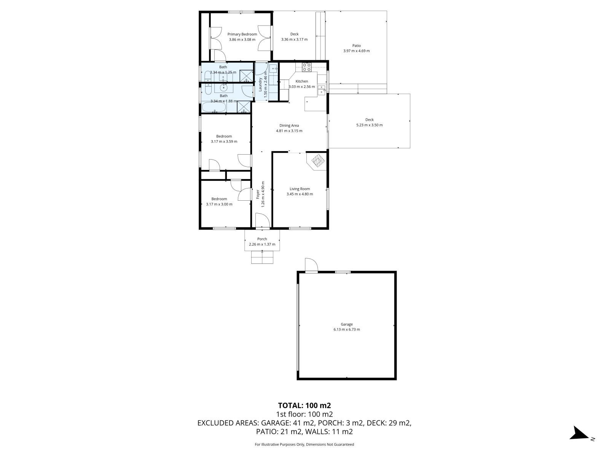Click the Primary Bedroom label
(x=242, y=34)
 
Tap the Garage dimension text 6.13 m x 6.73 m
(x=346, y=329)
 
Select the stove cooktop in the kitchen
(x=307, y=67)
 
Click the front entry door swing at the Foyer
(x=262, y=221)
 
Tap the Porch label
(x=262, y=239)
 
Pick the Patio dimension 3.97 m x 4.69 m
(x=356, y=51)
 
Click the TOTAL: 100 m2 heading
(x=302, y=405)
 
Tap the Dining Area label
(x=289, y=125)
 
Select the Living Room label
(x=300, y=189)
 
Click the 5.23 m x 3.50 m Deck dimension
(x=369, y=125)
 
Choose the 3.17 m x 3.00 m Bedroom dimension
(x=219, y=204)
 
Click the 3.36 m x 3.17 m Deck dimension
(x=294, y=39)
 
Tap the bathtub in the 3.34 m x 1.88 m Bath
(x=214, y=107)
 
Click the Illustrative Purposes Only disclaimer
(x=304, y=444)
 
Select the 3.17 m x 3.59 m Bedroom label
(x=224, y=136)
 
